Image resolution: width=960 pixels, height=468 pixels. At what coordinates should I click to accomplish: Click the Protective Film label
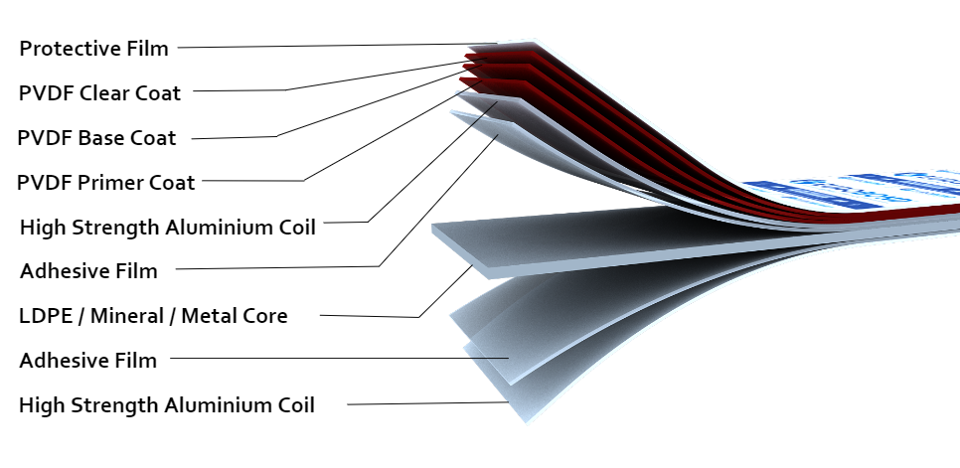[x=94, y=48]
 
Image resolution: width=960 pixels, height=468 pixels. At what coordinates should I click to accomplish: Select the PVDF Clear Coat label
[x=99, y=93]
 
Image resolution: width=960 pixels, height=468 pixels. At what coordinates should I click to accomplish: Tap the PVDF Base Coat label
[x=97, y=138]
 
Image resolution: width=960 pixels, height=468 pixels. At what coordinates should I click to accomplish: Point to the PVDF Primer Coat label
[x=107, y=182]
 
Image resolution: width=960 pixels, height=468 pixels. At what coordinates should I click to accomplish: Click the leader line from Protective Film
[x=328, y=45]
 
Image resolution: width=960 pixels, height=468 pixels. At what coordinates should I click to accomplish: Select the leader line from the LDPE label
[x=368, y=316]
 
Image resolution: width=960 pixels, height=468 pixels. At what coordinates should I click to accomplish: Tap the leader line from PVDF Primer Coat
[x=258, y=181]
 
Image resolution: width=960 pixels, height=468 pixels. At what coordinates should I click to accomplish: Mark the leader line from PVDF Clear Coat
[x=239, y=90]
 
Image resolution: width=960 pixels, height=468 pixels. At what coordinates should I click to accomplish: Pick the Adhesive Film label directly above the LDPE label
[x=88, y=269]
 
